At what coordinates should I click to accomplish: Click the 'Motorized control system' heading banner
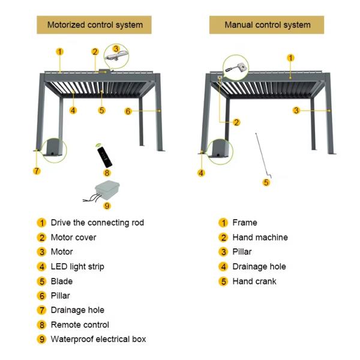pos(94,25)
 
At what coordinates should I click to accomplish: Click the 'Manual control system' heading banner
pos(267,25)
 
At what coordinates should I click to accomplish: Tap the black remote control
pos(104,157)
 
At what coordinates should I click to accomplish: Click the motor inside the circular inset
pos(116,56)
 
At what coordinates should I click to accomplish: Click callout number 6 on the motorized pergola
pos(128,112)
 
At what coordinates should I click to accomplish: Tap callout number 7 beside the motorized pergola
pos(37,171)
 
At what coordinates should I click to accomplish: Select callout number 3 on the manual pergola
pos(296,110)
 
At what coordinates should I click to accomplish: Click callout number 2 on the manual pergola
pos(236,122)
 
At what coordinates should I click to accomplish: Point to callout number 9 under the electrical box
pos(107,206)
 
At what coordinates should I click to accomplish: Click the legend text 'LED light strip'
pos(77,266)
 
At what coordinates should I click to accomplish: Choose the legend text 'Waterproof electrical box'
pos(98,339)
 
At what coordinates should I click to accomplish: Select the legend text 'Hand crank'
pos(254,281)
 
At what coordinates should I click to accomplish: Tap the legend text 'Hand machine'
pos(260,237)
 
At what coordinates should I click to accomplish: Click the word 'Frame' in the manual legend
pos(245,223)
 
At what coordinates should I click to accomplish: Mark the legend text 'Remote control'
pos(80,325)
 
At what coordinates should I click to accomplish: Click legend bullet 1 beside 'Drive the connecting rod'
pos(41,223)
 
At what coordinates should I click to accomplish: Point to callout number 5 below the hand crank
pos(266,183)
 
